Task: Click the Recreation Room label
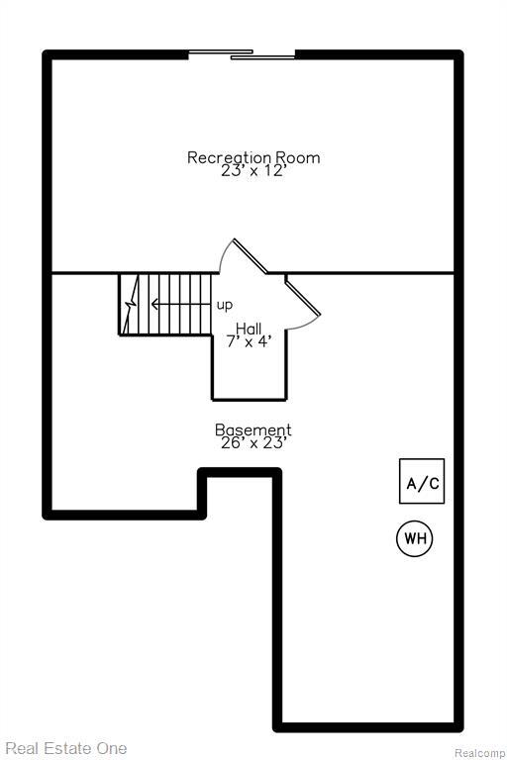pos(253,157)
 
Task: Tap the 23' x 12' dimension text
pos(253,171)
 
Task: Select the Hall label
pos(249,329)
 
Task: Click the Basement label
pos(253,430)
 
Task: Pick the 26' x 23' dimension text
pos(253,444)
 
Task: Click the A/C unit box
pos(422,482)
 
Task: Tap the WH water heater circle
pos(415,539)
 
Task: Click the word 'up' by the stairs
pos(225,305)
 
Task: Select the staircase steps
pos(168,305)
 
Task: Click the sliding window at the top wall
pos(243,54)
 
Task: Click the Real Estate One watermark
pos(64,748)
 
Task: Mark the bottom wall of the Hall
pos(249,399)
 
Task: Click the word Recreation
pos(230,157)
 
